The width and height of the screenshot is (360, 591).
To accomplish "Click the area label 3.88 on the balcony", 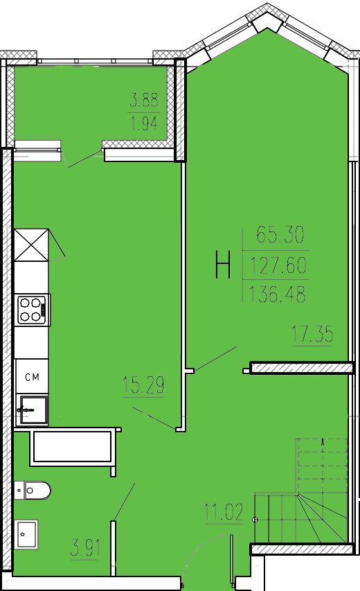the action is (x=144, y=100).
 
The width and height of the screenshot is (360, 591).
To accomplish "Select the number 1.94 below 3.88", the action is (x=144, y=123).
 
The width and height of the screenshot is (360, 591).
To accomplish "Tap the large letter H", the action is (x=223, y=265).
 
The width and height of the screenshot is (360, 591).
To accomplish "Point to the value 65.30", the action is (x=280, y=234).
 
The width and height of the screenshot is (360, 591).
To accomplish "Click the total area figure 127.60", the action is (x=278, y=265).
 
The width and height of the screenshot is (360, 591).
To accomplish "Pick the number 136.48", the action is (x=277, y=294).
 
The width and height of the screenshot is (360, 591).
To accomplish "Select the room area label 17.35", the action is (x=312, y=335).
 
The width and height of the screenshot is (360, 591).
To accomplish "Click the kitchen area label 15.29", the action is (x=143, y=385).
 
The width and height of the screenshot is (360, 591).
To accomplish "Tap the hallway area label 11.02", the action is (x=224, y=512).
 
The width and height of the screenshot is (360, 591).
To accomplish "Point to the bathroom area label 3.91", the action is (x=85, y=548).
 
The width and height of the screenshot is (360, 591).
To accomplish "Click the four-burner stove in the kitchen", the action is (x=33, y=310).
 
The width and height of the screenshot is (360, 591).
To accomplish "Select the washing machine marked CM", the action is (x=32, y=377).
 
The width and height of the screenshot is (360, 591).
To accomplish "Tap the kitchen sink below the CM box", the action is (x=34, y=409).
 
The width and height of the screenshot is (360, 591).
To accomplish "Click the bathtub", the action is (x=72, y=447).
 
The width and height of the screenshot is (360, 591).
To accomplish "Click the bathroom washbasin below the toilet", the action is (x=26, y=533).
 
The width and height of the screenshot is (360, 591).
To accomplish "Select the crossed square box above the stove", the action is (x=32, y=245).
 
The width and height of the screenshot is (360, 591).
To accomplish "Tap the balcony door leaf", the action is (x=84, y=158).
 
